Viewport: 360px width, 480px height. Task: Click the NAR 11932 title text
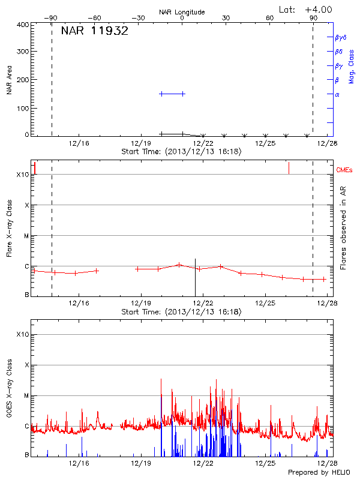click(94, 32)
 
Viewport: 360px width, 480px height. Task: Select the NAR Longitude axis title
click(182, 11)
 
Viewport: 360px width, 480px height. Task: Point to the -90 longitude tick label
click(51, 19)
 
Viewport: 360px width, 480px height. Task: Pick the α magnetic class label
click(337, 94)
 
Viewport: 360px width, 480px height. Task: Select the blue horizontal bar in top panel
click(172, 94)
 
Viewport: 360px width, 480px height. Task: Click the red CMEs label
click(346, 171)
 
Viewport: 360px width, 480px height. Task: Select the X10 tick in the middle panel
click(23, 175)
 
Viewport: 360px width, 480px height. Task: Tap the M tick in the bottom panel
click(26, 395)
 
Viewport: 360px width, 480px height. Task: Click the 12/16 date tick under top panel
click(79, 143)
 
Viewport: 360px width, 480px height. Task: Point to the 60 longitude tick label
click(270, 19)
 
